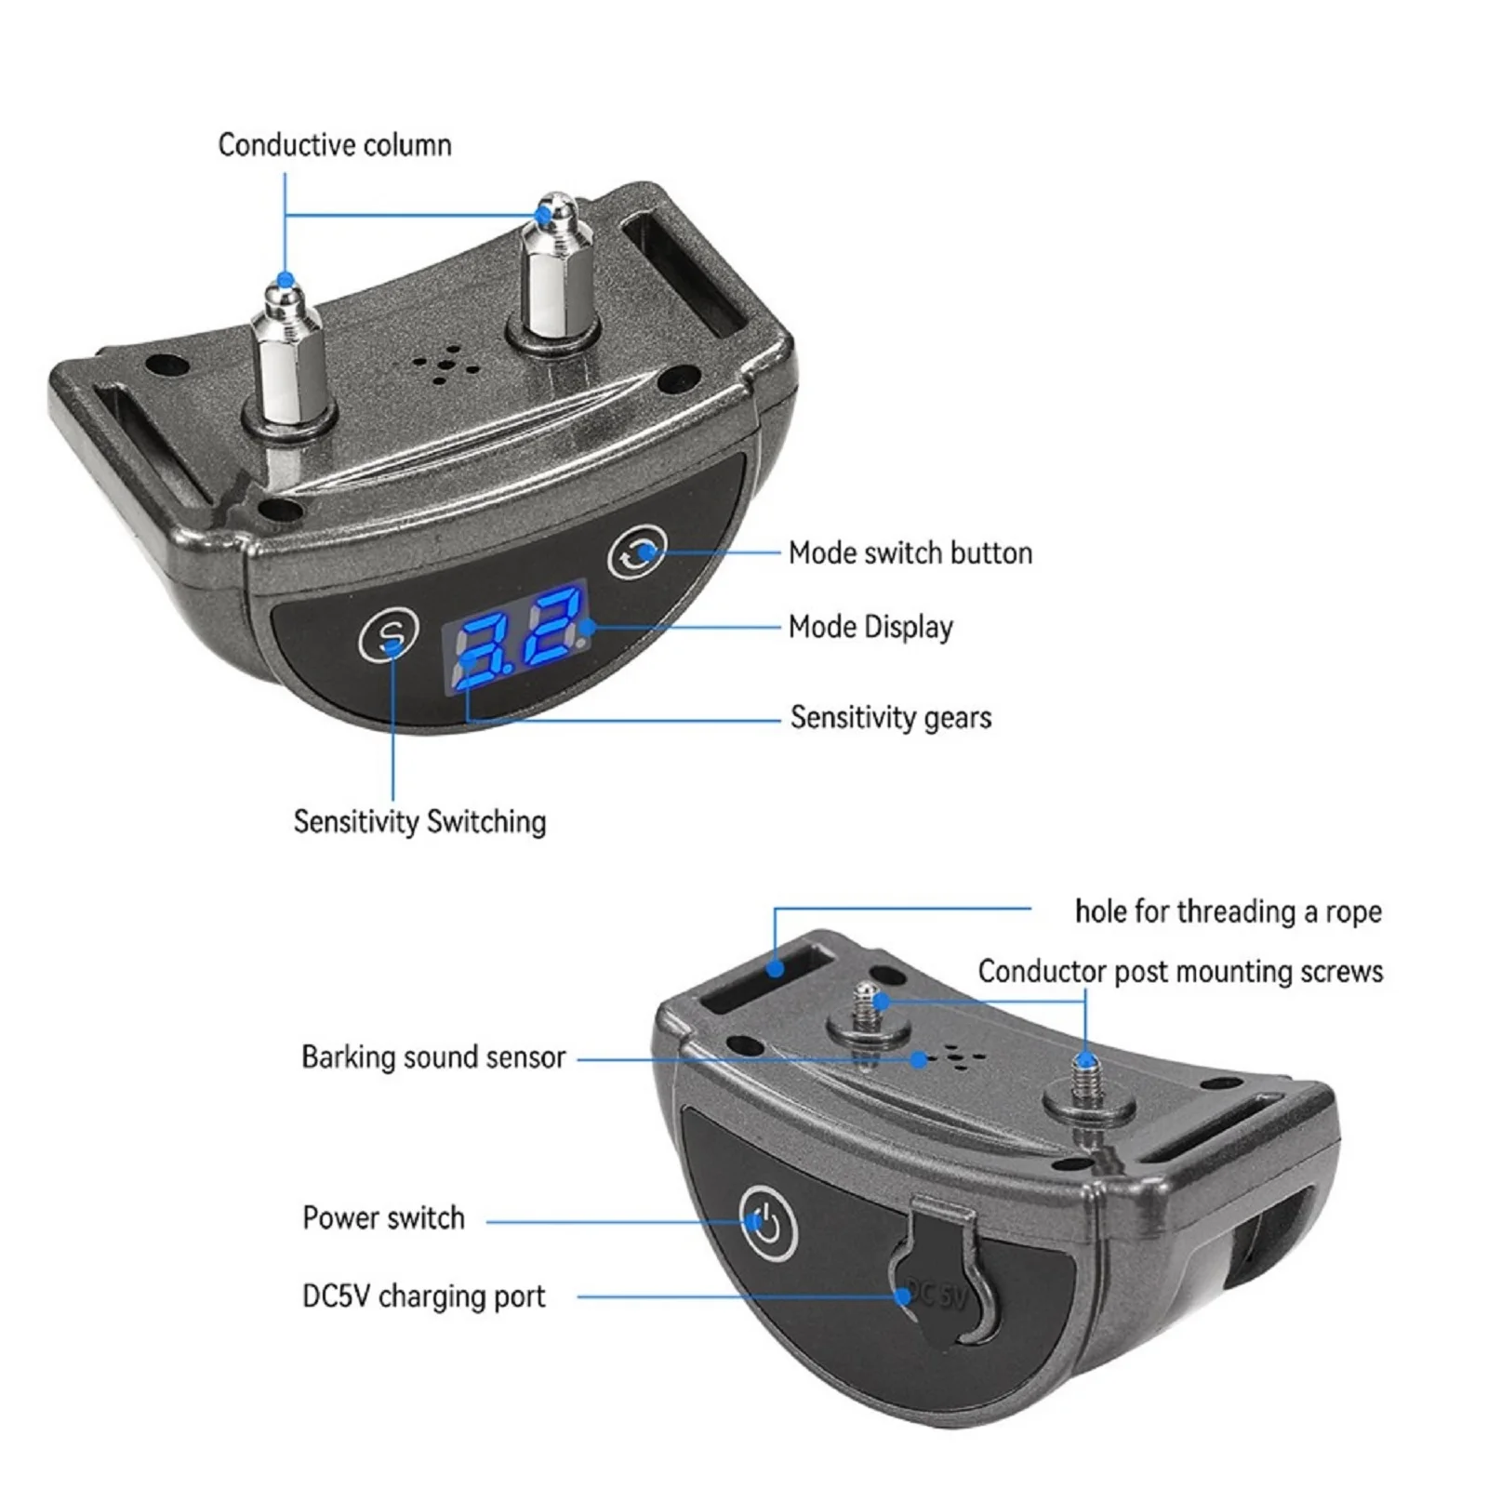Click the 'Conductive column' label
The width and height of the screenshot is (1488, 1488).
point(335,145)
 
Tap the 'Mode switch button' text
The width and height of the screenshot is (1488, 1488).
point(910,553)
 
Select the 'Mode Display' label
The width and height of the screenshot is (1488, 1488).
point(870,628)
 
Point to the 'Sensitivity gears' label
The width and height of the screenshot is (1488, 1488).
point(891,718)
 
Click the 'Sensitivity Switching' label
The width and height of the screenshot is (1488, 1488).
point(419,822)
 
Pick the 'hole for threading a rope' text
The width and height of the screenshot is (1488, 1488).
point(1228,911)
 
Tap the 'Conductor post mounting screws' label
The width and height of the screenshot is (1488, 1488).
point(1180,972)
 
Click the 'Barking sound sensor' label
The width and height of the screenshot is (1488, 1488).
point(433,1057)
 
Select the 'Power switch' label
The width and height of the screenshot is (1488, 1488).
point(383,1218)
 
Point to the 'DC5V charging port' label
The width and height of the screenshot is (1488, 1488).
point(424,1296)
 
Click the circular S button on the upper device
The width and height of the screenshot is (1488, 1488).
point(389,636)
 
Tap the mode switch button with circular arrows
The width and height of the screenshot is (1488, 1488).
point(638,554)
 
